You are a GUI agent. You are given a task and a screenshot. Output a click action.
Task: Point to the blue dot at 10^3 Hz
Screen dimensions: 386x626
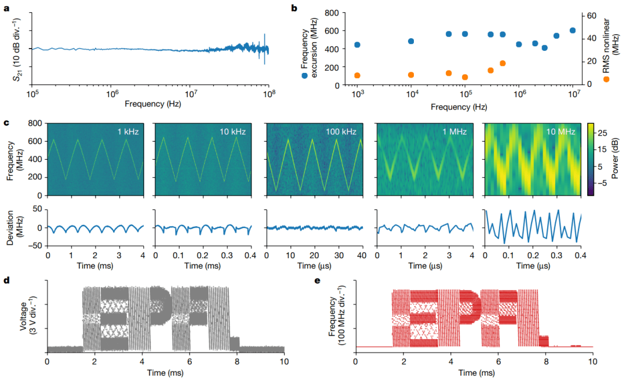point(357,45)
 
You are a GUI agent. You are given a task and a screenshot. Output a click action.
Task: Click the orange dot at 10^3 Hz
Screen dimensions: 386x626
point(357,75)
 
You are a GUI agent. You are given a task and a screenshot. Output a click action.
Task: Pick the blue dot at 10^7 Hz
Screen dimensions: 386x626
point(573,31)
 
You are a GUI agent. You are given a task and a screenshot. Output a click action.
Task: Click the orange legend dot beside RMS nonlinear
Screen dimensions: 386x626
point(606,79)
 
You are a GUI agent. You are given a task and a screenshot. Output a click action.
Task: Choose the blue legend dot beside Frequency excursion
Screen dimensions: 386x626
point(305,75)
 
